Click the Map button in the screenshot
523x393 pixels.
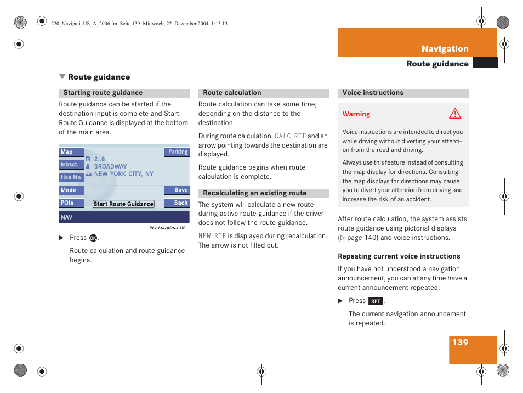click(x=71, y=152)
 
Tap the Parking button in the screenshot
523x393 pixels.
click(x=177, y=152)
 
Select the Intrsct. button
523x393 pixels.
click(x=71, y=165)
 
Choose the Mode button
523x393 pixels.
click(x=71, y=190)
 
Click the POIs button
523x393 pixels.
click(x=71, y=203)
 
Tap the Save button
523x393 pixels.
click(x=177, y=190)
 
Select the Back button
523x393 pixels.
click(x=177, y=203)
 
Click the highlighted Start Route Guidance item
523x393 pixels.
click(x=123, y=204)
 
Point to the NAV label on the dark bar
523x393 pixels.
click(x=66, y=217)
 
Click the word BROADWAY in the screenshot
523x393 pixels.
click(x=110, y=166)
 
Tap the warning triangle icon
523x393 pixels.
click(x=455, y=114)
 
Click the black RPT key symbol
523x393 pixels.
click(x=376, y=301)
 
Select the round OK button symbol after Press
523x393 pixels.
click(x=93, y=238)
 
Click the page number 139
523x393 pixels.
click(x=461, y=343)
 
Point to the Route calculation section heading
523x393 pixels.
click(x=232, y=93)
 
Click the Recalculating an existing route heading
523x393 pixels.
click(x=254, y=193)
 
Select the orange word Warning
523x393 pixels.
click(x=356, y=114)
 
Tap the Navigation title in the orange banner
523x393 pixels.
click(x=445, y=49)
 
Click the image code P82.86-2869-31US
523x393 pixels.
click(x=167, y=228)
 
